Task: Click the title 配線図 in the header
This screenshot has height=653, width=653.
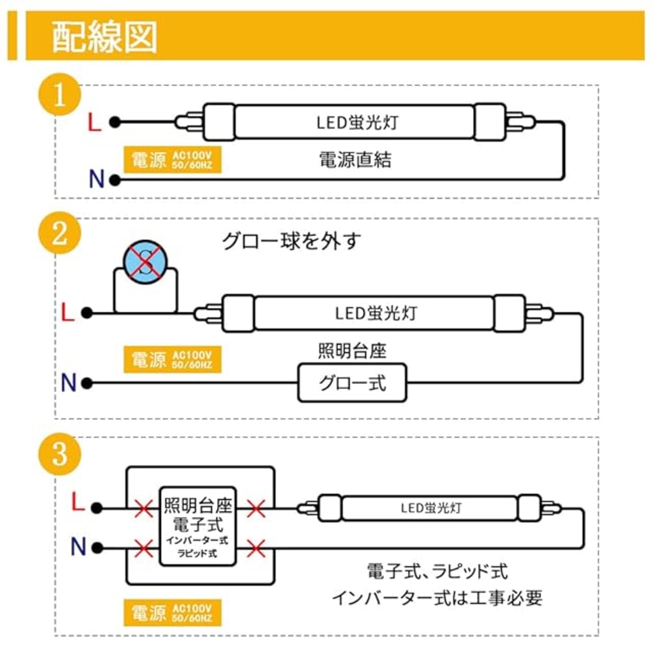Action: [105, 37]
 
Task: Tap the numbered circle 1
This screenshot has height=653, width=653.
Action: [60, 94]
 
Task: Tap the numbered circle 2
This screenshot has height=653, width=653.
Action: [60, 234]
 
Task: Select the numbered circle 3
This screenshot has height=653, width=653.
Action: [60, 453]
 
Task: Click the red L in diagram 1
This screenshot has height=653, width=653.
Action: [94, 123]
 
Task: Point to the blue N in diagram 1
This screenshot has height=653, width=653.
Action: [96, 179]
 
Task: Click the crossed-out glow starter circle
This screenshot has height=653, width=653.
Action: [146, 261]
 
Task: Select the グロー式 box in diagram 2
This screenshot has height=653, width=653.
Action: [352, 383]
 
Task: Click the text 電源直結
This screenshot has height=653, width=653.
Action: [355, 160]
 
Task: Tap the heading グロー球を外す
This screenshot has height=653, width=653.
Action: [291, 241]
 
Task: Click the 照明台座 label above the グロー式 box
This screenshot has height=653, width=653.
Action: [352, 351]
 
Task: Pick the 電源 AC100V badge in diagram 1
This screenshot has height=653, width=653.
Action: [172, 160]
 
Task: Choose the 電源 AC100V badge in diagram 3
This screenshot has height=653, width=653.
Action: [172, 613]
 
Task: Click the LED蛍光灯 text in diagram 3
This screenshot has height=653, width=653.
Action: [431, 508]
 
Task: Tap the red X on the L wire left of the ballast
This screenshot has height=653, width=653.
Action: [144, 509]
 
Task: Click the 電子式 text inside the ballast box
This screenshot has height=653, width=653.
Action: [198, 524]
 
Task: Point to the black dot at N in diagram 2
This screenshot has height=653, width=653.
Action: [87, 383]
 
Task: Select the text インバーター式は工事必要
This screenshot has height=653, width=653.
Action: [437, 598]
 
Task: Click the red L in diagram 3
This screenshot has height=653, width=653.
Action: [78, 503]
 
